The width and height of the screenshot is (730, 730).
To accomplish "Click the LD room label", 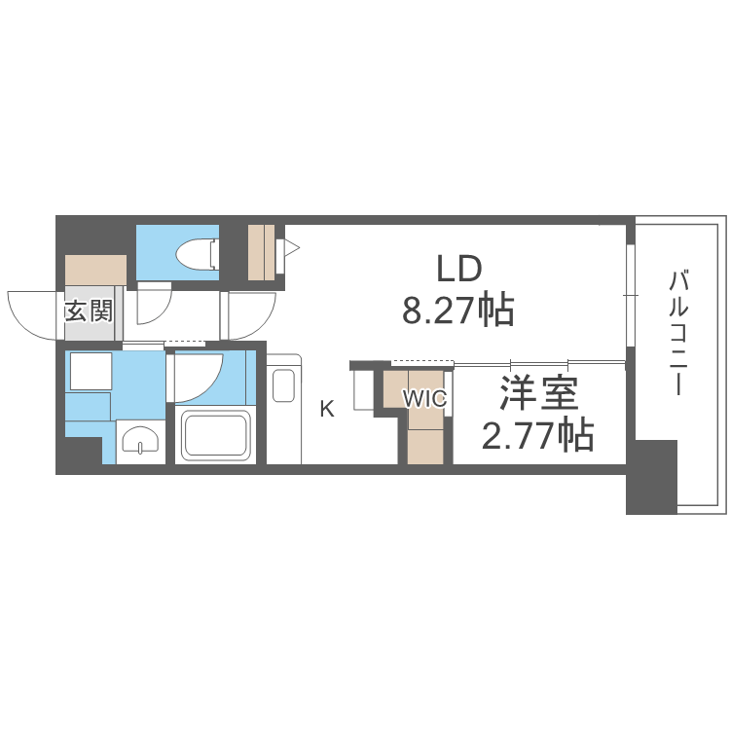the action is tap(458, 269).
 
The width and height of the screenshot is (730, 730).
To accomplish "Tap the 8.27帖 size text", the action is tap(458, 310).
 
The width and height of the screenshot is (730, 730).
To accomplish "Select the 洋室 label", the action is tap(538, 393).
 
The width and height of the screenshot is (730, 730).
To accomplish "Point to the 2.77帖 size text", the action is tap(537, 435).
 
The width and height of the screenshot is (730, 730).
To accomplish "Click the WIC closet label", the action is tap(424, 398).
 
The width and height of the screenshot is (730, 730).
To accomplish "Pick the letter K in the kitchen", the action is tap(327, 409).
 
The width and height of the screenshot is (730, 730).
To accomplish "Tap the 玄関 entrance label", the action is tap(89, 310).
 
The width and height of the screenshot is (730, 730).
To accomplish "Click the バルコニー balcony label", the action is tap(677, 333).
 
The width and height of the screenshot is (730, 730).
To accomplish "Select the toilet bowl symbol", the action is tap(198, 254).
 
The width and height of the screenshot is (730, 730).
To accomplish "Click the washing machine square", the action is tap(91, 371).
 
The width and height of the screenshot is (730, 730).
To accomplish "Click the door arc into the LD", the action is tap(262, 323).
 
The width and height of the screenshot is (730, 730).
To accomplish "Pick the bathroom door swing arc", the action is tap(209, 387).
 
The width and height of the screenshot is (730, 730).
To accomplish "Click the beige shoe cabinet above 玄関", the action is tap(95, 270).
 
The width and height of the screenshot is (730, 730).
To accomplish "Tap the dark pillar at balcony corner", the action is tap(651, 477).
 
